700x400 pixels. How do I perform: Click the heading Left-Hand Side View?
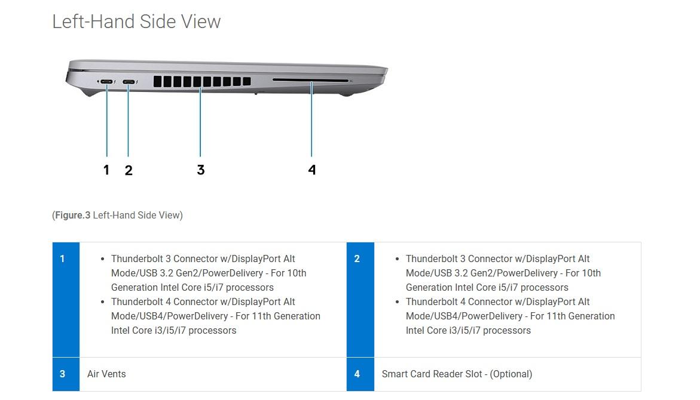point(136,21)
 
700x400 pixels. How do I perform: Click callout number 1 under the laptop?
point(106,170)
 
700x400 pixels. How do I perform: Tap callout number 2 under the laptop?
point(129,170)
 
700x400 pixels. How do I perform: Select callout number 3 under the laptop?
point(200,170)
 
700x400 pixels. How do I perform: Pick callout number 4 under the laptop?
point(311,170)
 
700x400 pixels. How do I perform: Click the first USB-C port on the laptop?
point(107,82)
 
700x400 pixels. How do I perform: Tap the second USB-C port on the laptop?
point(129,82)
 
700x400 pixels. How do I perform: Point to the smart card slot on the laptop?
point(310,80)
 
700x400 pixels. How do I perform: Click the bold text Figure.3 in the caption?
point(72,215)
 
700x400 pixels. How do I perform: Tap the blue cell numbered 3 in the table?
point(66,374)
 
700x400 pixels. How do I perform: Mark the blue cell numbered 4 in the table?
point(360,374)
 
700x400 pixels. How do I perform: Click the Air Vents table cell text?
point(106,374)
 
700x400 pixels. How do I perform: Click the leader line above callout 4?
point(311,125)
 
